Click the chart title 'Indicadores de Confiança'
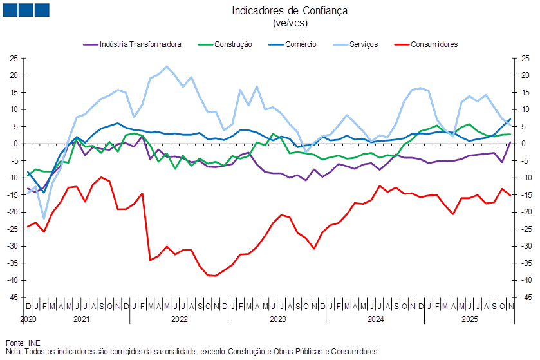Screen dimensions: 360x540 [x=290, y=10]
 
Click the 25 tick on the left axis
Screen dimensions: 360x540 [x=12, y=58]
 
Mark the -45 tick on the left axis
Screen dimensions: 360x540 [x=12, y=297]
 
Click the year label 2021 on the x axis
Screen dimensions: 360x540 [x=81, y=319]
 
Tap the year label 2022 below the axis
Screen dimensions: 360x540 [x=179, y=319]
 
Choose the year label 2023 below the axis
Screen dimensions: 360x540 [x=277, y=319]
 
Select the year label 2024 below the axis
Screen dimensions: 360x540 [x=376, y=319]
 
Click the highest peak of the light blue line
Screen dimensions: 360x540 [x=167, y=66]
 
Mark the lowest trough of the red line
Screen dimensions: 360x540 [x=212, y=276]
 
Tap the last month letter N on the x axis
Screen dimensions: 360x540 [x=511, y=306]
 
